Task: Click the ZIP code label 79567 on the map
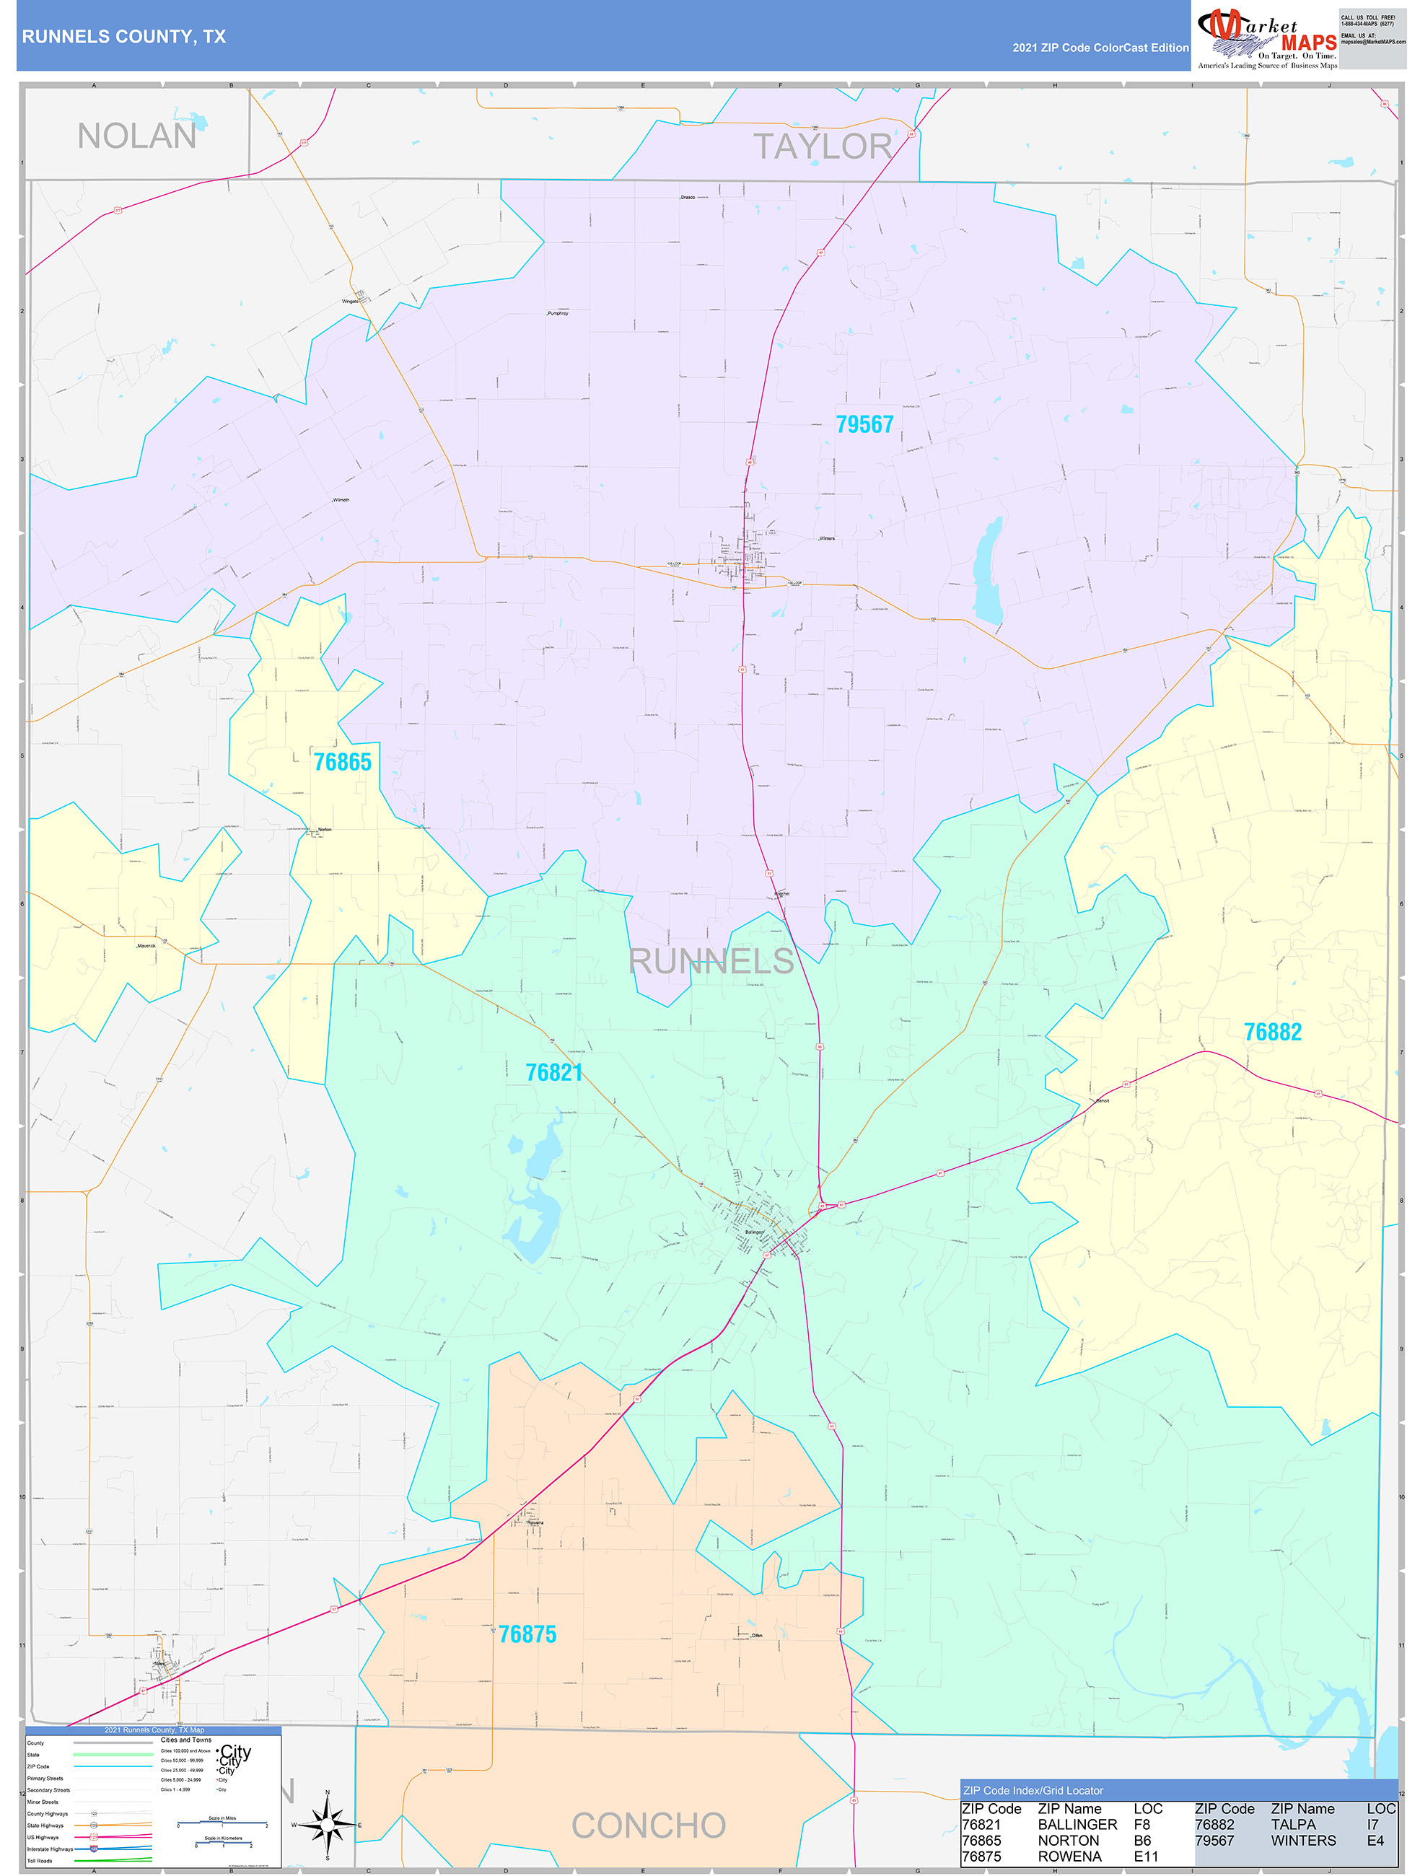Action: point(864,424)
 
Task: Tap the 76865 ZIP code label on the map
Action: point(343,762)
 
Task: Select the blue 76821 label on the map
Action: point(554,1072)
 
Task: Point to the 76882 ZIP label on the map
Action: point(1272,1031)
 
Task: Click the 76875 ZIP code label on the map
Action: point(527,1634)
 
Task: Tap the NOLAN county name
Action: point(136,136)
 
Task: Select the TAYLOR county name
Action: point(822,146)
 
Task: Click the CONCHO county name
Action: point(648,1825)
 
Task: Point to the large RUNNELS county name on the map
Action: point(711,961)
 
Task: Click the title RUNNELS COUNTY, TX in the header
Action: point(124,37)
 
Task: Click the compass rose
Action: point(328,1824)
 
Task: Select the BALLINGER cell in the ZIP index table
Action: point(1077,1824)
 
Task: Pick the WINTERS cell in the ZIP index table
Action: point(1302,1841)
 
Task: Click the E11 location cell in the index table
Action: point(1145,1857)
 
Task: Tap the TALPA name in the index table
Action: point(1293,1824)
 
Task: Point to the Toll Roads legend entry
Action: point(40,1861)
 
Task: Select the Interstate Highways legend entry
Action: point(50,1849)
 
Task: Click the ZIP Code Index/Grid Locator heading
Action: point(1033,1790)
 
